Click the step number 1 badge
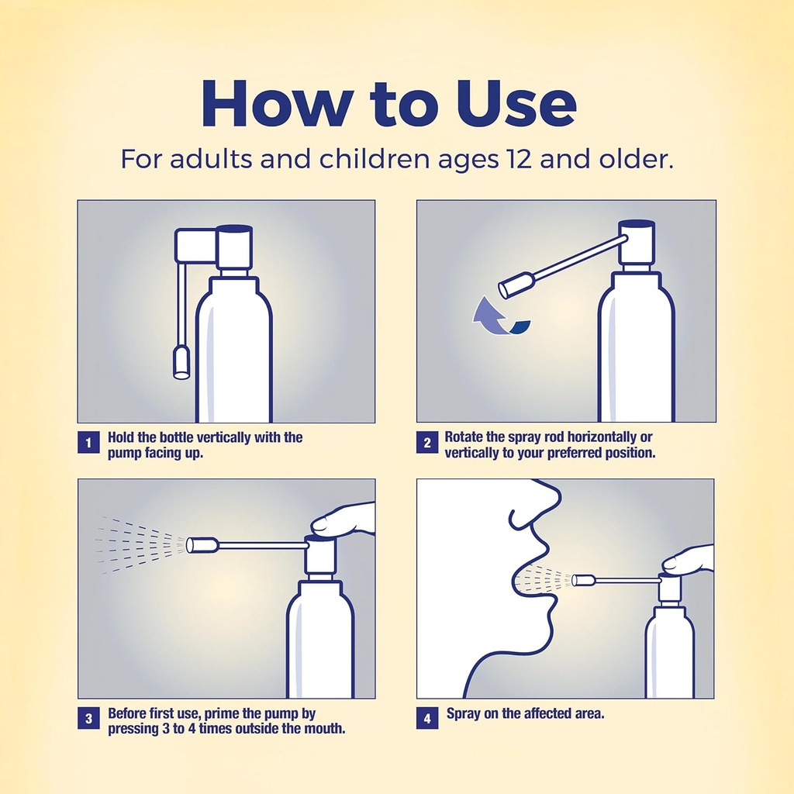[x=88, y=444]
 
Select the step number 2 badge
[x=426, y=444]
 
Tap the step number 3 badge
[x=88, y=719]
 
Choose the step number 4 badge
[x=426, y=719]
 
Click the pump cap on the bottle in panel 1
[x=234, y=247]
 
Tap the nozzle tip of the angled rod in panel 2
[x=513, y=286]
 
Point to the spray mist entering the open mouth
[x=543, y=578]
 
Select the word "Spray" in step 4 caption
[x=464, y=713]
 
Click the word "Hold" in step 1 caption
[x=122, y=437]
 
